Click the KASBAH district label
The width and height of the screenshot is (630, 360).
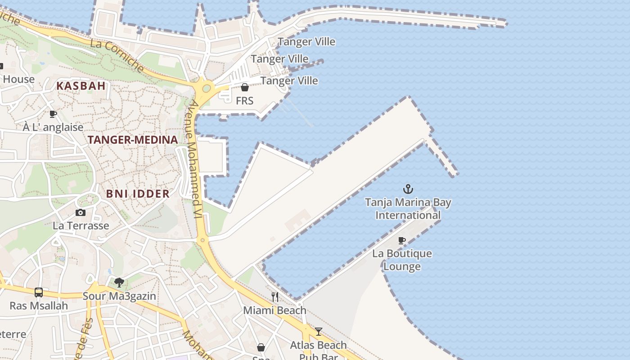[x=81, y=85]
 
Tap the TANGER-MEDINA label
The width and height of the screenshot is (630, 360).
[x=133, y=139]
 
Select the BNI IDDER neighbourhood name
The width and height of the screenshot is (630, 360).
[x=138, y=193]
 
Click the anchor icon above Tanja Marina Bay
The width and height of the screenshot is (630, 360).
[x=408, y=189]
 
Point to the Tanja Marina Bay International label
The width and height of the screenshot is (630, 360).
[x=408, y=209]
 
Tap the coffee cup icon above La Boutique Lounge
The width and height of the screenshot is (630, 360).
[x=402, y=241]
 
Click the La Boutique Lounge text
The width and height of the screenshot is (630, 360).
[x=402, y=260]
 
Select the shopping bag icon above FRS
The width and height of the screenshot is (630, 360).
[x=245, y=87]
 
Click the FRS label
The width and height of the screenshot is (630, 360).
[x=245, y=101]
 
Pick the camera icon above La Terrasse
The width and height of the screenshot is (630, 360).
[x=81, y=212]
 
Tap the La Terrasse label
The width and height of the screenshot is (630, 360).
[x=81, y=225]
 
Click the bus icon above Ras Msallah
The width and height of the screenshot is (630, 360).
[x=39, y=292]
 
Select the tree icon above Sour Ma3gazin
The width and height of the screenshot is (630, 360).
[x=119, y=283]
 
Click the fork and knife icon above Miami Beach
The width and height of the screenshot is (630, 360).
[x=275, y=297]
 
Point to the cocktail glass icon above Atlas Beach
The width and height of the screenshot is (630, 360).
[x=319, y=332]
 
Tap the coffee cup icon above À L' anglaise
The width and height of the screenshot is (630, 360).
[x=53, y=114]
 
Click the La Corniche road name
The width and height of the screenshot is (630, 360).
[x=117, y=56]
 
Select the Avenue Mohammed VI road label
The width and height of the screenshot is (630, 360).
[x=194, y=160]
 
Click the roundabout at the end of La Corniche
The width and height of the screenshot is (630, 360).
[x=207, y=88]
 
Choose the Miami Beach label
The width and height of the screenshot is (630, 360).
[x=274, y=310]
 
